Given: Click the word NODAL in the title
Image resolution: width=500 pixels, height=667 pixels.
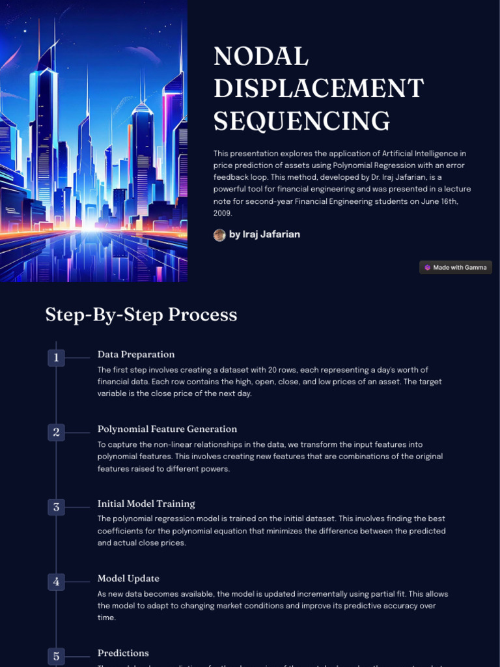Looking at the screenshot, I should (x=261, y=57).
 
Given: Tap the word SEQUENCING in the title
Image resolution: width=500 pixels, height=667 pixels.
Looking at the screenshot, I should (x=302, y=121).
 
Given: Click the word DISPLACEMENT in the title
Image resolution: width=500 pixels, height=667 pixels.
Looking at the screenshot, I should (x=318, y=89).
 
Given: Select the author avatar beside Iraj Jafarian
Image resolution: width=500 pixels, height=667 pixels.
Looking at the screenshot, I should (x=219, y=234).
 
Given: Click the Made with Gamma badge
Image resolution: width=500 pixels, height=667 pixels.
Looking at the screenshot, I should (x=456, y=267).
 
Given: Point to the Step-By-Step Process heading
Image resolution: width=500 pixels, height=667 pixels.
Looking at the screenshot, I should (x=141, y=315).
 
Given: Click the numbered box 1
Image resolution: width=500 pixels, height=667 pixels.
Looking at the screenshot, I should (x=57, y=358).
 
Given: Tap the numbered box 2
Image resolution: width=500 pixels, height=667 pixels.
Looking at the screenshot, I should (x=57, y=432).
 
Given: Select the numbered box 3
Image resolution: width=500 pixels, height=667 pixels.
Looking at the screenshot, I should (x=57, y=507).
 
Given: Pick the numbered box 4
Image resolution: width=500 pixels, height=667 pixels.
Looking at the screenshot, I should (x=57, y=582).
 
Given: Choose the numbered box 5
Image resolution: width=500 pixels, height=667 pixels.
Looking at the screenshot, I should (x=57, y=656).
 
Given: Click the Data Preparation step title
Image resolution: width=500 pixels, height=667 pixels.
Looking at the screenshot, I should (x=136, y=354).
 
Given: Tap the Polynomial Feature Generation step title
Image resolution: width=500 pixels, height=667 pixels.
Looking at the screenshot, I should (x=167, y=429).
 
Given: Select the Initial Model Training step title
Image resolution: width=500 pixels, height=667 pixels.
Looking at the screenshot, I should (x=146, y=504).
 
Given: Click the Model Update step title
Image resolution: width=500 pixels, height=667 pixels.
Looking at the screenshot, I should (x=128, y=578).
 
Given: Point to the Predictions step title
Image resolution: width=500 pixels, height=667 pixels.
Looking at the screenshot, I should (x=123, y=653).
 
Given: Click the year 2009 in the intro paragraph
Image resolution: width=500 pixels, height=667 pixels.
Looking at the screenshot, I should (x=222, y=213).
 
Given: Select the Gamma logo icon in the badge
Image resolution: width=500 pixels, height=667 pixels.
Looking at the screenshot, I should (x=427, y=267).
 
